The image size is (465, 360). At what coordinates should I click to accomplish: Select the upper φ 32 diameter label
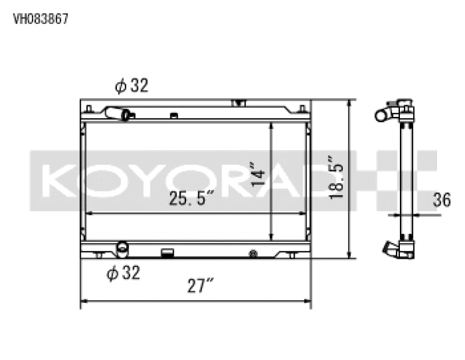point(132,86)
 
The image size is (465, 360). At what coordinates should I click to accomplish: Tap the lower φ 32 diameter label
point(124,273)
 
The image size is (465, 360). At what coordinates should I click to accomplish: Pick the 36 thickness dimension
point(442,201)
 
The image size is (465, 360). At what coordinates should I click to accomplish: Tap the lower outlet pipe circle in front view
point(122,248)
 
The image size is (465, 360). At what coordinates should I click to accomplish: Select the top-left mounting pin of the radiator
point(88,108)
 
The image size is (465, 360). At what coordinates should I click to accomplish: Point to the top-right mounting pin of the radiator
point(302,108)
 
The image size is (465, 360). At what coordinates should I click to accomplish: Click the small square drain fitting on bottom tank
point(167,253)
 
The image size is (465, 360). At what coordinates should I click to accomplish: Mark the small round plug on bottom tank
point(252,254)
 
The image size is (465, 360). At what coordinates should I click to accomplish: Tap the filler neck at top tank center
point(238,104)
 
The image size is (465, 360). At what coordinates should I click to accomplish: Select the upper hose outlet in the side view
point(383,115)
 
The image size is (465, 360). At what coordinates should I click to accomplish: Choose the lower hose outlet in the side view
point(388,250)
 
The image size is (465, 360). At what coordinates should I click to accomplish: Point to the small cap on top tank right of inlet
point(173,115)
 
